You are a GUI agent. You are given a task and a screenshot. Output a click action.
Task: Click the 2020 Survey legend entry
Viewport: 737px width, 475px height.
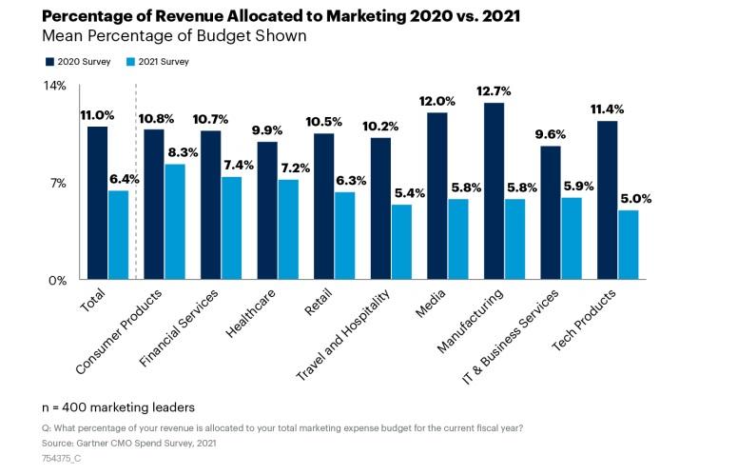[77, 61]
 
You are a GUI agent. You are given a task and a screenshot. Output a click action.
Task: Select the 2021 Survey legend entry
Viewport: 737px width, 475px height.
[157, 61]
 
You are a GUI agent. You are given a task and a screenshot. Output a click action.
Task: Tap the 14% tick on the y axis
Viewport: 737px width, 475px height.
[56, 86]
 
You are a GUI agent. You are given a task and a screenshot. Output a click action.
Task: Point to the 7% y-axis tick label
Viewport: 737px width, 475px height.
[59, 183]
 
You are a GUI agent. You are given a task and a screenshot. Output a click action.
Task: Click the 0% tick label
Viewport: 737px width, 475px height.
[57, 281]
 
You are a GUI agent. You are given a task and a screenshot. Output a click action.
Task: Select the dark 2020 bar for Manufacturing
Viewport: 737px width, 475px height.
[494, 190]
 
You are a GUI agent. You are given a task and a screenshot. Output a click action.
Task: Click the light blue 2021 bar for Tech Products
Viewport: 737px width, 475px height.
[628, 245]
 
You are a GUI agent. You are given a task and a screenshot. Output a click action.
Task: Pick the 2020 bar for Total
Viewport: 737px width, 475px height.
[97, 203]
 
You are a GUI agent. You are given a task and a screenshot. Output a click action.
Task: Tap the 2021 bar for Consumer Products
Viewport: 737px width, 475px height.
[175, 222]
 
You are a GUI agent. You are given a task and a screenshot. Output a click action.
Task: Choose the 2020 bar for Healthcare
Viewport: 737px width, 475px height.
[267, 210]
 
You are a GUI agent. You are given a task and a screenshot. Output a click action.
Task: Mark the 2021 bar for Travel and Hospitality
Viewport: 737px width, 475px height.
[401, 242]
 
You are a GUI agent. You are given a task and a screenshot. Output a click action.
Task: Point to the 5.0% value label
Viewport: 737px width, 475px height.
[635, 199]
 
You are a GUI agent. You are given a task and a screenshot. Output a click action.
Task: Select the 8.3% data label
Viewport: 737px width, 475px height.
[182, 152]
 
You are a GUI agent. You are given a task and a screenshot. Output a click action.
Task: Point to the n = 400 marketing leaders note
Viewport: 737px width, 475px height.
[118, 407]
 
